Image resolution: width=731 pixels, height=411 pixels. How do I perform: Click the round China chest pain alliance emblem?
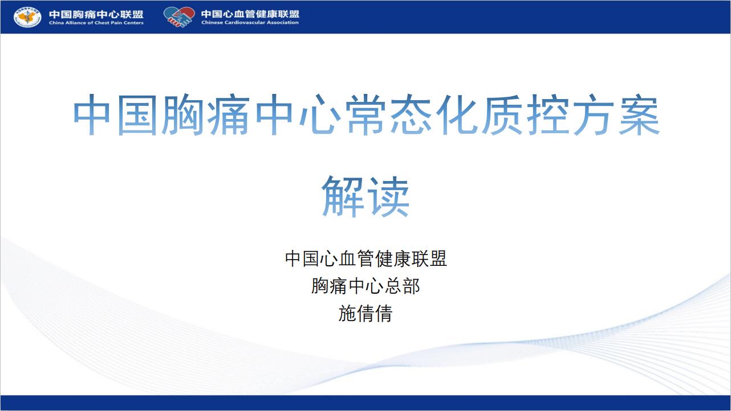click(x=27, y=17)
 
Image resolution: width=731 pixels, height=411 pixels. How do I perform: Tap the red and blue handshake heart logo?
click(x=179, y=17)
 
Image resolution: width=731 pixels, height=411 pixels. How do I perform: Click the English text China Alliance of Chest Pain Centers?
click(x=96, y=23)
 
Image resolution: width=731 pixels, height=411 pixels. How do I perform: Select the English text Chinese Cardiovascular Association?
click(x=250, y=22)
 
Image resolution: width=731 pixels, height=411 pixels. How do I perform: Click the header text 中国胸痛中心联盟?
click(x=96, y=14)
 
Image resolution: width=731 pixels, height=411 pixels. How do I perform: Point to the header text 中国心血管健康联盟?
click(x=250, y=14)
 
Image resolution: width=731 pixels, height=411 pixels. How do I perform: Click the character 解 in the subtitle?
click(x=343, y=196)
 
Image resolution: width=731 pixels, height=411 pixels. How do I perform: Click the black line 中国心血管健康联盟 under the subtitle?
click(x=365, y=259)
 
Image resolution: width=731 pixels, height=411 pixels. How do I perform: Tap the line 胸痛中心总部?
click(x=365, y=286)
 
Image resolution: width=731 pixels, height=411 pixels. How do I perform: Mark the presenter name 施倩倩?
click(x=365, y=314)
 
